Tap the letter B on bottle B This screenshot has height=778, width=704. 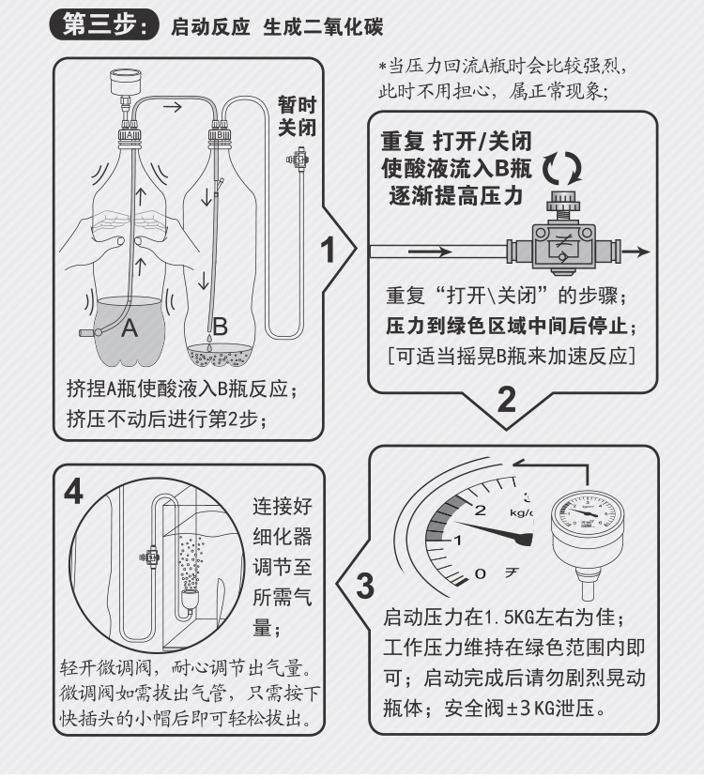pyautogui.click(x=220, y=327)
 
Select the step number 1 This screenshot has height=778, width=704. pyautogui.click(x=329, y=251)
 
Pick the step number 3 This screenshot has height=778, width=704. pyautogui.click(x=365, y=587)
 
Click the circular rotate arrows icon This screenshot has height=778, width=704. pyautogui.click(x=563, y=170)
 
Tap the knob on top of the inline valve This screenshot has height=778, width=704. pyautogui.click(x=561, y=200)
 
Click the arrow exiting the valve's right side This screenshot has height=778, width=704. pyautogui.click(x=637, y=252)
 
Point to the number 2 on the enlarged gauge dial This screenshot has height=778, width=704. pyautogui.click(x=481, y=511)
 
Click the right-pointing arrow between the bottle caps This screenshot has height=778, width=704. pyautogui.click(x=173, y=107)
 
